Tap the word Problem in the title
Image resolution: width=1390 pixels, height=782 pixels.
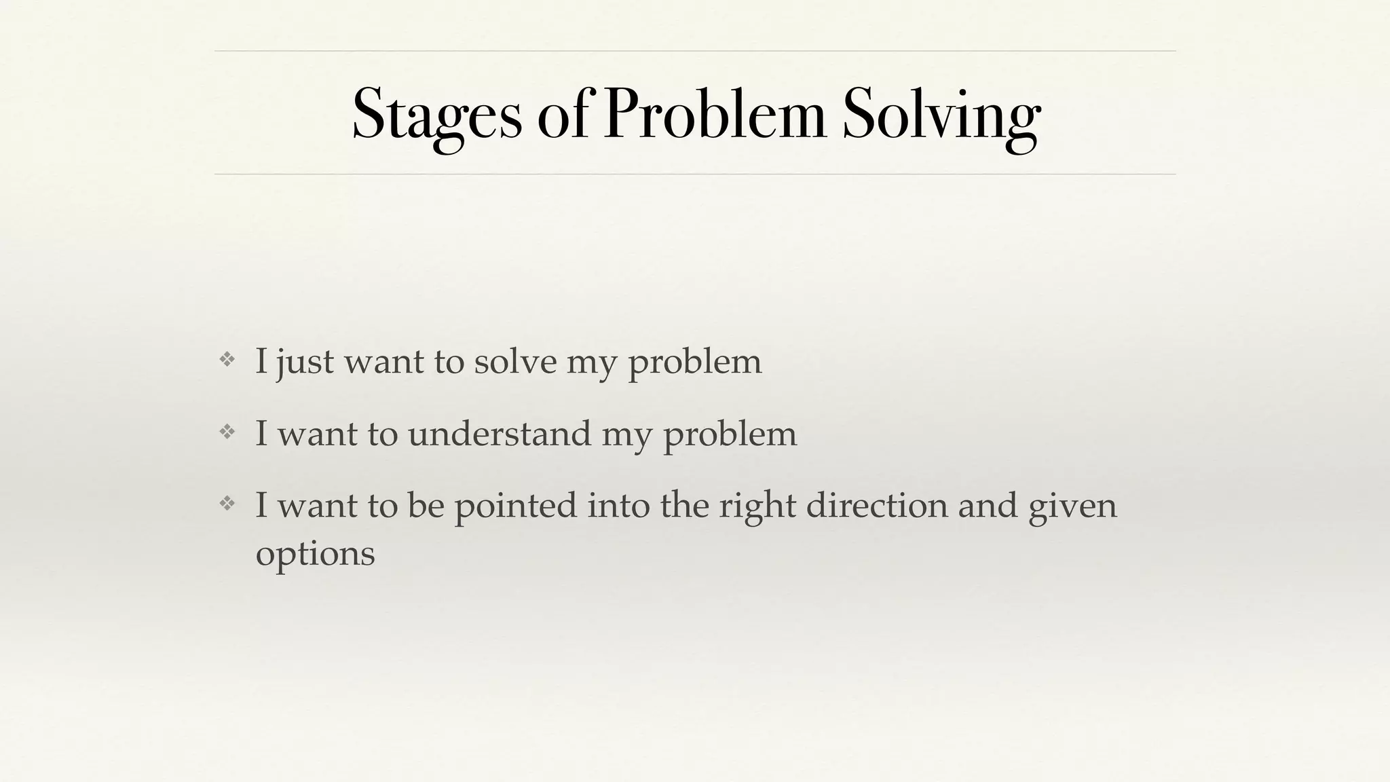coord(714,114)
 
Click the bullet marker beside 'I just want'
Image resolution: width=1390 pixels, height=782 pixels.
coord(227,359)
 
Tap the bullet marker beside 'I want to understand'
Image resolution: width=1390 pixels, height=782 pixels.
coord(227,431)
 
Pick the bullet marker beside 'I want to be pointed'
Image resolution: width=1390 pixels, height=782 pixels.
coord(227,503)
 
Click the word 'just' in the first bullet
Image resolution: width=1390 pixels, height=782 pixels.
coord(305,361)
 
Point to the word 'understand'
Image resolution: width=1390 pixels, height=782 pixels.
coord(500,433)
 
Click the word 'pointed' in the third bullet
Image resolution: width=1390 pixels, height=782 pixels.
coord(515,506)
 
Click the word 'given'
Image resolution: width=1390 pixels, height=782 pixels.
coord(1072,506)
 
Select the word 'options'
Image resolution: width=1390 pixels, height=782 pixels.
coord(315,554)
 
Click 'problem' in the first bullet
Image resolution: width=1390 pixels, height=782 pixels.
coord(694,361)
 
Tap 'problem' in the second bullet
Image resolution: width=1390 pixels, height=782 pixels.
coord(730,433)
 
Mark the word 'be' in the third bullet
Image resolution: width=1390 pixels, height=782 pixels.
coord(426,506)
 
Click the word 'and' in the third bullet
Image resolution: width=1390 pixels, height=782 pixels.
coord(988,506)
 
